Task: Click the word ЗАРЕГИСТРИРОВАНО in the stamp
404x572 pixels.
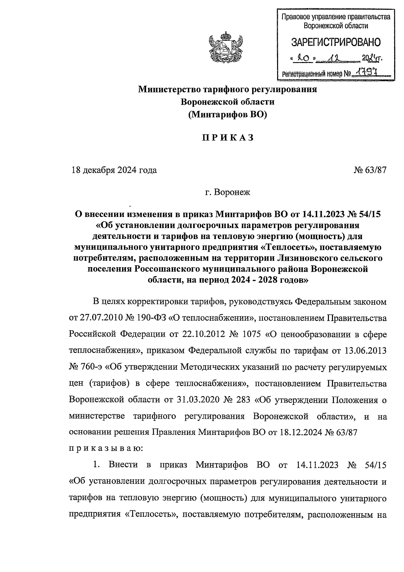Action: tap(336, 42)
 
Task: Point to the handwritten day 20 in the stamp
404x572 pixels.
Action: tap(302, 59)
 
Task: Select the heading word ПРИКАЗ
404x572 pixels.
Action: tap(228, 138)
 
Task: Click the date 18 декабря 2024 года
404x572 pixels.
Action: tap(114, 170)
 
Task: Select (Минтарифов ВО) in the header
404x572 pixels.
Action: tap(228, 115)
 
